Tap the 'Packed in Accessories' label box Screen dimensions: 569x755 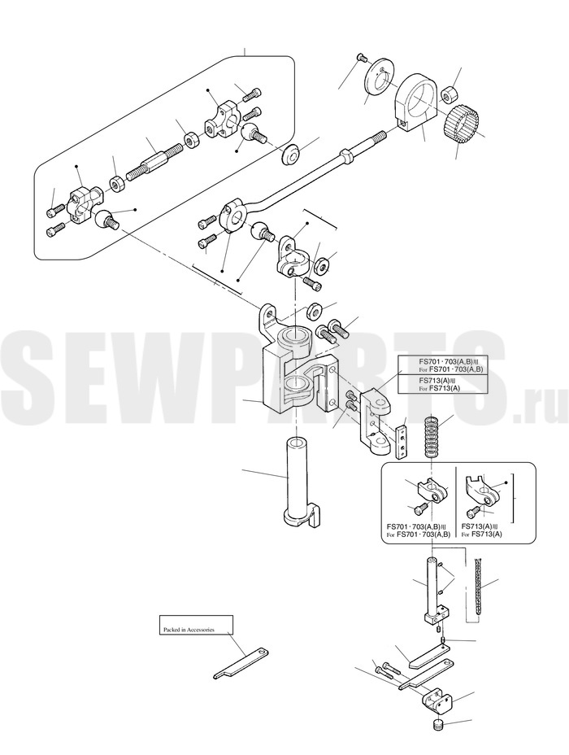tap(196, 625)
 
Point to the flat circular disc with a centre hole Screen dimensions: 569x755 tap(379, 76)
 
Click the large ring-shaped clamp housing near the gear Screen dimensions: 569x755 tap(415, 100)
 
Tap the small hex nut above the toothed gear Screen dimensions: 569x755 tap(448, 94)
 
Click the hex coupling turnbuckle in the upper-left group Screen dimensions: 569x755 tap(155, 159)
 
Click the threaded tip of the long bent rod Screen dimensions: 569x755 tap(376, 138)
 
